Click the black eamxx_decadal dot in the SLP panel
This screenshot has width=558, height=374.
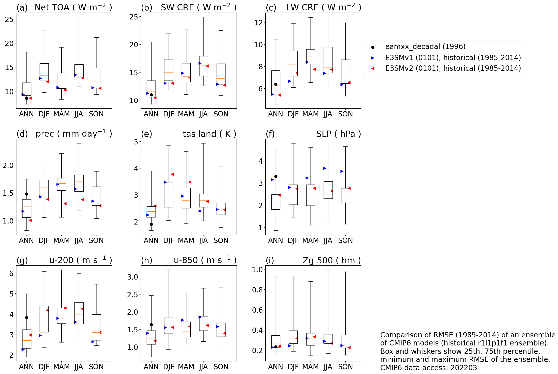[x=276, y=176]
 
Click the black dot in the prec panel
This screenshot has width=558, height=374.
[x=27, y=194]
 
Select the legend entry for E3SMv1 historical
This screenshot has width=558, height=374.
[x=453, y=58]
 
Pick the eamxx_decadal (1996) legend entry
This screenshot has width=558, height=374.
[x=425, y=47]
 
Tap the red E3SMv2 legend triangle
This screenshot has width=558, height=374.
[x=373, y=68]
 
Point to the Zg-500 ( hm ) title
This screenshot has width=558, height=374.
[x=332, y=260]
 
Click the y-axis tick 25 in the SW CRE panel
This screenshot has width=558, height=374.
[x=134, y=17]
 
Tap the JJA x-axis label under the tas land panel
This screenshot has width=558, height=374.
[x=203, y=240]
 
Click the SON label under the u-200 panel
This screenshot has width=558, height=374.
[x=96, y=367]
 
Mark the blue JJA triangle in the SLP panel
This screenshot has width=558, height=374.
[x=324, y=168]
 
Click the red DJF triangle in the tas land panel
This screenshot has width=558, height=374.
[x=172, y=174]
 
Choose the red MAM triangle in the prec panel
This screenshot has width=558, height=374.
[x=65, y=204]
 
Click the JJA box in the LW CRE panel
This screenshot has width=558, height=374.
[x=328, y=60]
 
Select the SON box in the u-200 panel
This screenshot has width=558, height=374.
[x=96, y=327]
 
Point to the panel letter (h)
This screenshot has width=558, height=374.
[x=146, y=260]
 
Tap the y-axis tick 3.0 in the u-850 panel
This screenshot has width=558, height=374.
[x=133, y=277]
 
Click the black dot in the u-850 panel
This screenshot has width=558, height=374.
[x=151, y=325]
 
